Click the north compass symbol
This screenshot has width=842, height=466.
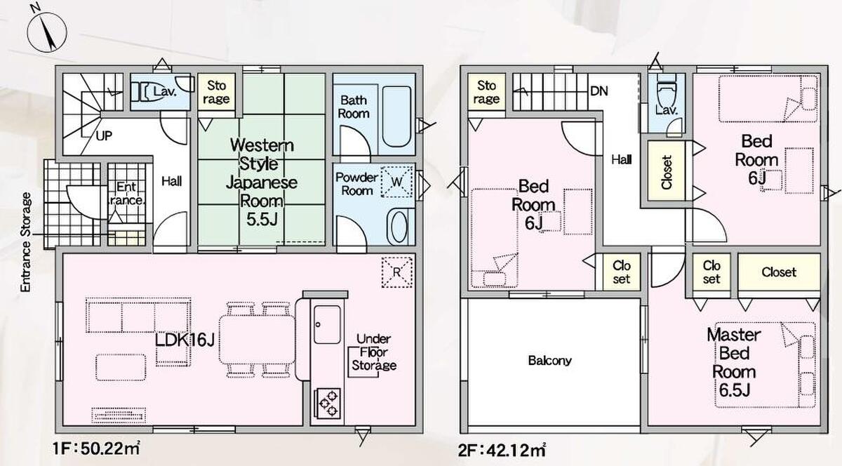coord(47,31)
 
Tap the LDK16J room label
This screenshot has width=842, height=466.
coord(185,341)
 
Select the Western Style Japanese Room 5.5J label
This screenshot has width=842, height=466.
coord(262,182)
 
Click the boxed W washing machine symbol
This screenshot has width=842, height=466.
coord(396,182)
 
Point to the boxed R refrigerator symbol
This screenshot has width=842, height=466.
coord(396,272)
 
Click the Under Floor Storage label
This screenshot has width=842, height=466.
coord(373,352)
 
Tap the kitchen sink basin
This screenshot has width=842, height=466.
coord(327,324)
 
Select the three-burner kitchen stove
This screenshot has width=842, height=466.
coord(327,404)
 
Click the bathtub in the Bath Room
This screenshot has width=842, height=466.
coord(396,116)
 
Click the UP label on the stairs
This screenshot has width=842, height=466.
coord(104,135)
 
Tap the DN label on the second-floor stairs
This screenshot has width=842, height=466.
coord(599,91)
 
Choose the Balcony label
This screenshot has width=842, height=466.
coord(550,361)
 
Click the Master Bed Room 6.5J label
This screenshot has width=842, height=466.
coord(734,363)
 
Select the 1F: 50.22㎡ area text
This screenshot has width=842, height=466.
coord(97,448)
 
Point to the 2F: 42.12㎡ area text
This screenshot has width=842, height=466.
coord(502,450)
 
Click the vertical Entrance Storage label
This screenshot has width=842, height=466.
coord(25,242)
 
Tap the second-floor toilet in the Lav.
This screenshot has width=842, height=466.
coord(667,91)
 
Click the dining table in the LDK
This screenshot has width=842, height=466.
coord(257,340)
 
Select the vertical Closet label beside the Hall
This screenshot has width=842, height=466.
coord(667,172)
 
